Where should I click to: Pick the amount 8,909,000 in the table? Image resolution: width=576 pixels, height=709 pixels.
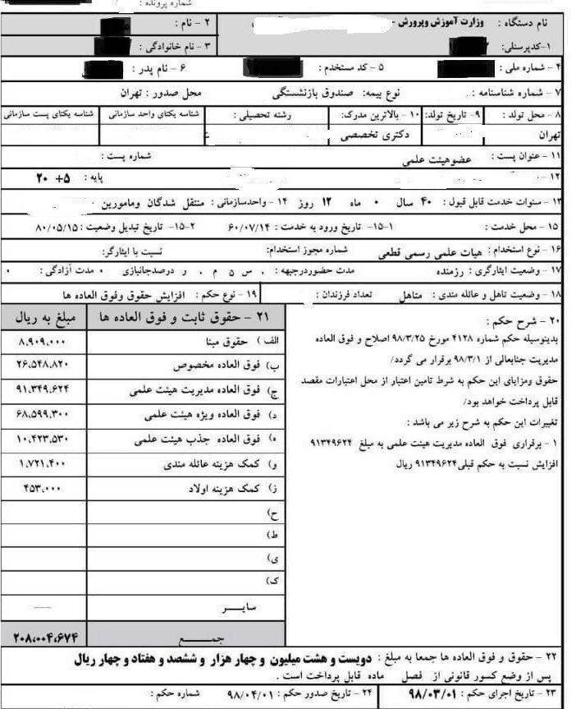pyautogui.click(x=40, y=340)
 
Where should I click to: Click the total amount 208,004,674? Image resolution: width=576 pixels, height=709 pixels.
pyautogui.click(x=45, y=636)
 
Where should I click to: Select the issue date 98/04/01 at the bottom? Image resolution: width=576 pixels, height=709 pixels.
pyautogui.click(x=253, y=693)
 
